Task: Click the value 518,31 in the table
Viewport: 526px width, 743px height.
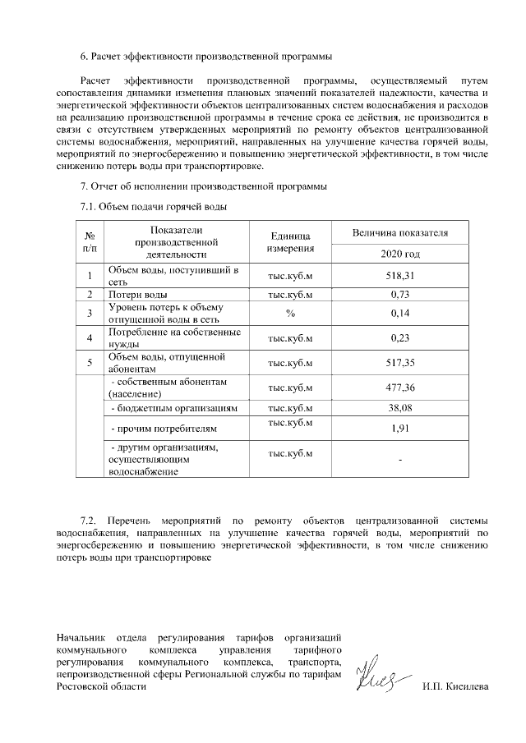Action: point(399,276)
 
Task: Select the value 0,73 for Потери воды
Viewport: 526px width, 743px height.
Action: point(399,294)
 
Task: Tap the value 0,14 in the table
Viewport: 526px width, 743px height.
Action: point(399,313)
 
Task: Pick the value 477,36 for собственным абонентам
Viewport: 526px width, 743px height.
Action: point(399,388)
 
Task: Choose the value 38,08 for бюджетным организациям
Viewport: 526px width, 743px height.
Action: point(399,407)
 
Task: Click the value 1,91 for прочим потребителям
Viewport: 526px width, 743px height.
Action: point(399,428)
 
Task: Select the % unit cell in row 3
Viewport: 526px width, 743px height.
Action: point(290,313)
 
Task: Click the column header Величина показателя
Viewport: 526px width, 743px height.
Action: point(399,233)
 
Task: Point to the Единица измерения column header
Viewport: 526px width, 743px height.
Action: point(290,242)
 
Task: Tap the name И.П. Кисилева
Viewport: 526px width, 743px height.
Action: point(454,686)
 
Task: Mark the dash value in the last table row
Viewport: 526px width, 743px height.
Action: point(399,460)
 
